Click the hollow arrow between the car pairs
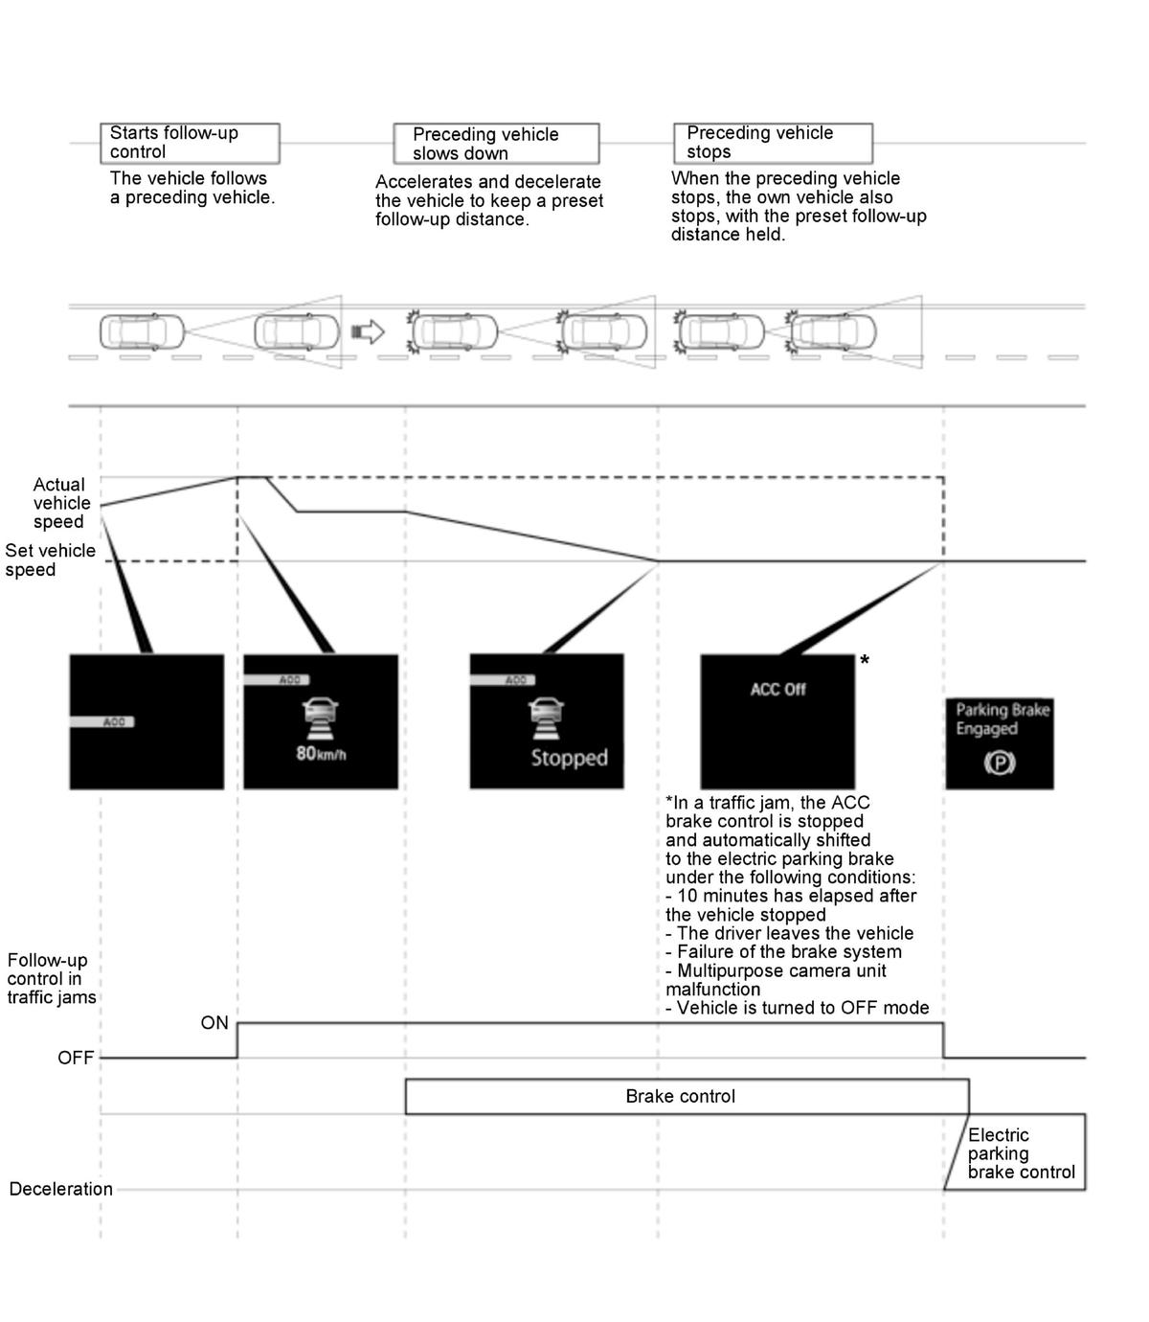[x=368, y=332]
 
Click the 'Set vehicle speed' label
[x=50, y=559]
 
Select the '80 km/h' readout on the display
[x=321, y=753]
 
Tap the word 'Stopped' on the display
[x=569, y=757]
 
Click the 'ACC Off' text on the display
[x=777, y=690]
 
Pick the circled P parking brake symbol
[x=1000, y=764]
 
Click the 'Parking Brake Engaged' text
[x=1002, y=718]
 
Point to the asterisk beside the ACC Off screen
[x=865, y=660]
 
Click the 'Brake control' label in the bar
[x=680, y=1096]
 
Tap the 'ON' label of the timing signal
[x=214, y=1023]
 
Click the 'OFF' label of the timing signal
[x=76, y=1058]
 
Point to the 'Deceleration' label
[x=60, y=1189]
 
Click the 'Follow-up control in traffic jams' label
[x=51, y=978]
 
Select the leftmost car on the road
[x=142, y=332]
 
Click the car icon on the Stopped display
[x=546, y=718]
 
